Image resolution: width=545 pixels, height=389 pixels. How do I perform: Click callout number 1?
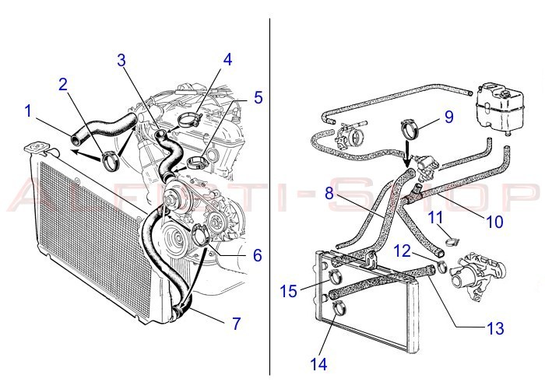pos(29,111)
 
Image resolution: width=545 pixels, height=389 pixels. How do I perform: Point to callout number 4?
pos(227,59)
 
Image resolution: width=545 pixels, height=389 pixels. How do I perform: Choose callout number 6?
pos(257,254)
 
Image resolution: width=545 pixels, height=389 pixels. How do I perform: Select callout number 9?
pos(448,117)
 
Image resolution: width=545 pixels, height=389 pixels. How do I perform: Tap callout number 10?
pos(495,221)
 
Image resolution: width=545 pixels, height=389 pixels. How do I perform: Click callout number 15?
pos(290,292)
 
